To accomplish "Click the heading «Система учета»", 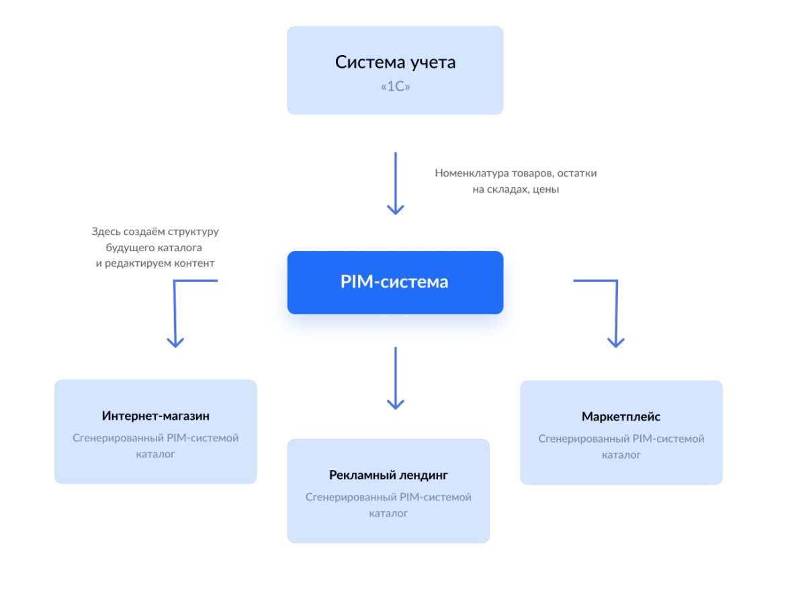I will click(x=395, y=63).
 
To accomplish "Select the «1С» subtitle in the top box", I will click(x=395, y=87).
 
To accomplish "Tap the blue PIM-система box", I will click(x=395, y=282).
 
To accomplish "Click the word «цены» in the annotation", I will click(x=546, y=189).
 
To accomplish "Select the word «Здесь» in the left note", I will click(x=105, y=232).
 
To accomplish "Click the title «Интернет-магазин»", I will click(x=156, y=416).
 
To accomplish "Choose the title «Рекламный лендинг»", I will click(x=388, y=475).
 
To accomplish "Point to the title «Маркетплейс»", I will click(x=621, y=417).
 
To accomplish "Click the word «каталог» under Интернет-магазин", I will click(x=156, y=454).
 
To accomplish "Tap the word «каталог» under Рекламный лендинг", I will click(x=388, y=513).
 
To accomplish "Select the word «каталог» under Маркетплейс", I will click(x=621, y=455).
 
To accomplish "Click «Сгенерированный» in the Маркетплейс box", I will click(x=582, y=439).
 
